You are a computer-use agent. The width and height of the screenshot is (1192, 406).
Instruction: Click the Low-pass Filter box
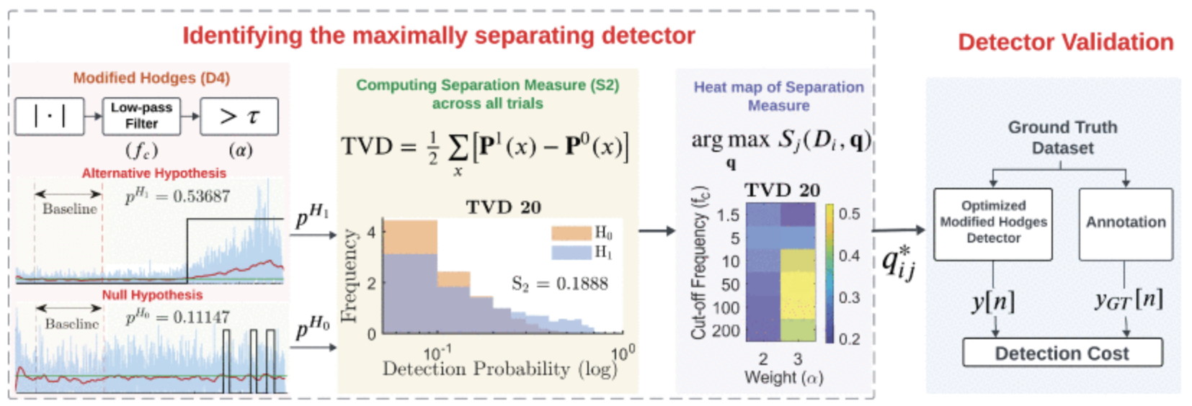[x=141, y=116]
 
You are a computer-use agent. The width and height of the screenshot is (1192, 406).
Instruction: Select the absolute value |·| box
[x=49, y=116]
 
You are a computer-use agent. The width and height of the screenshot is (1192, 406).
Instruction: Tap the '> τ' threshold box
[x=239, y=116]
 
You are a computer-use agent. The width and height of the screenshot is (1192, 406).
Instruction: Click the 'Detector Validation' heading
[x=1065, y=42]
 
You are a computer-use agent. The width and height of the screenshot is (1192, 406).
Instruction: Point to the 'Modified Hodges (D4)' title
[x=151, y=78]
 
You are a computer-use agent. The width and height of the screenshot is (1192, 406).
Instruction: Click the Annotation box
[x=1125, y=222]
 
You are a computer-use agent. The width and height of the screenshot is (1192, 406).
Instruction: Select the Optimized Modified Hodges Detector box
[x=993, y=222]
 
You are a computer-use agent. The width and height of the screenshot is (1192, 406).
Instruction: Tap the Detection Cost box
[x=1062, y=353]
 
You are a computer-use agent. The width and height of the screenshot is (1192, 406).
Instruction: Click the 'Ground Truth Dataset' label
[x=1062, y=137]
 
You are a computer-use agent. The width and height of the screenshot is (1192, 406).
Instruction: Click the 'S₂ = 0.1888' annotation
[x=559, y=284]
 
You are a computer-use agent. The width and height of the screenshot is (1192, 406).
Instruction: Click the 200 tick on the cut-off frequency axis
[x=726, y=331]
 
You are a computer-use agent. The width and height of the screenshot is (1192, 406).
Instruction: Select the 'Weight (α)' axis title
[x=783, y=377]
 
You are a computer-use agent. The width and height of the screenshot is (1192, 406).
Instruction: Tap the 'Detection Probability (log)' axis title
[x=499, y=369]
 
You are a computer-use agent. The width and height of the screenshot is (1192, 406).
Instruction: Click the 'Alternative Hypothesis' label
[x=154, y=173]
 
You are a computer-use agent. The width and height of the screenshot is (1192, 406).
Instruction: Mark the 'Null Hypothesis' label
[x=152, y=295]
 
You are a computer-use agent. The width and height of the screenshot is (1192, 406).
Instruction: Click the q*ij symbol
[x=898, y=262]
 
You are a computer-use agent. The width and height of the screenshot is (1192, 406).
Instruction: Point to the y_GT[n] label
[x=1128, y=299]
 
